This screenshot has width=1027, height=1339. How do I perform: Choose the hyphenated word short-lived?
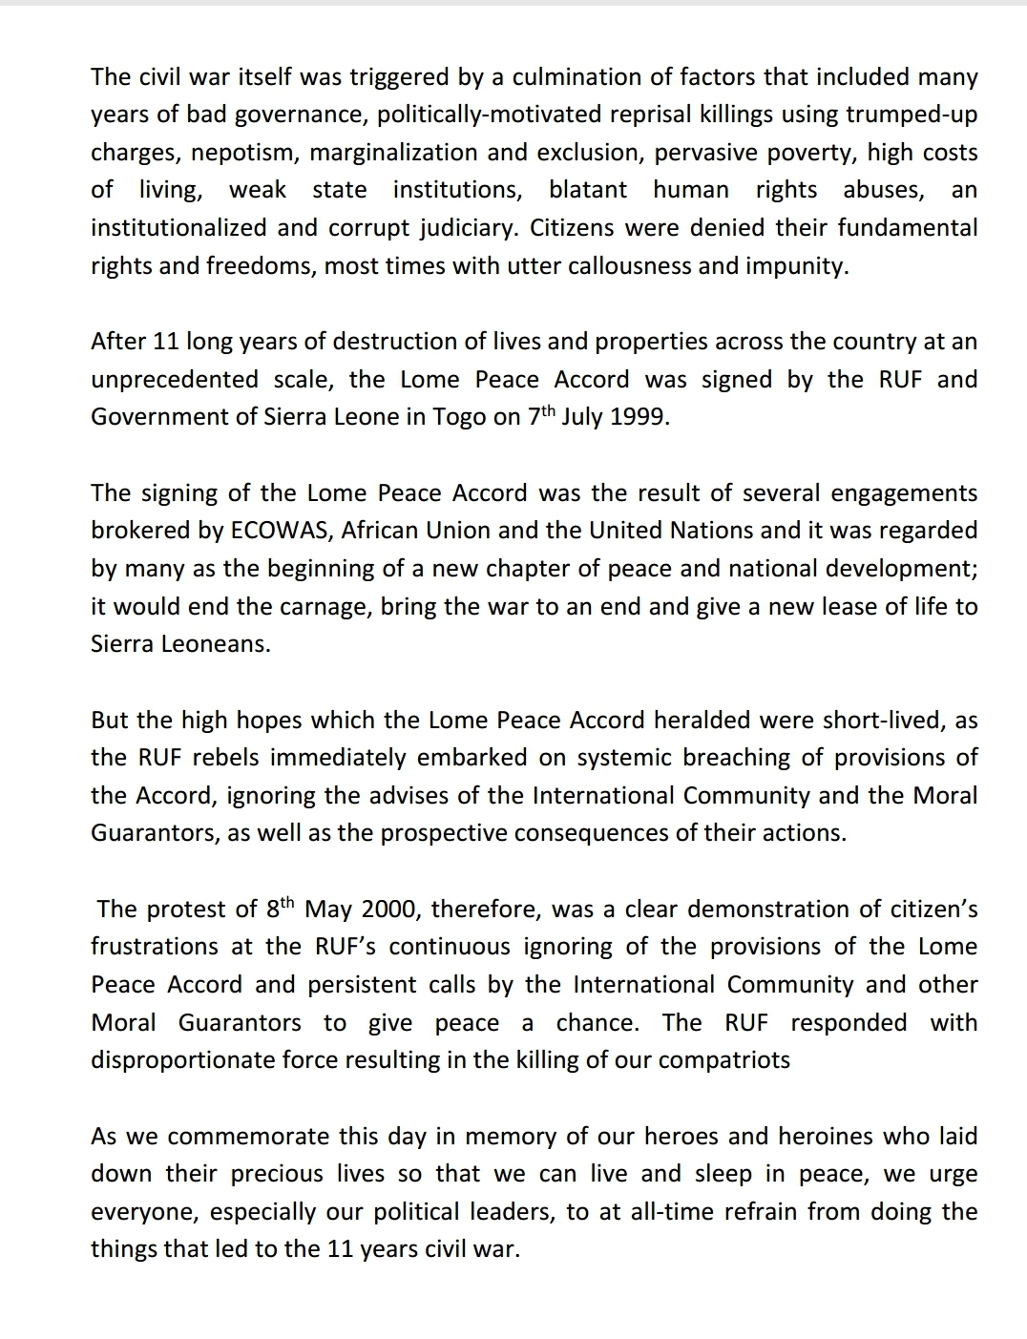[x=883, y=720]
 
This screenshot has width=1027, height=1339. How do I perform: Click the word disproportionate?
[x=209, y=1060]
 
